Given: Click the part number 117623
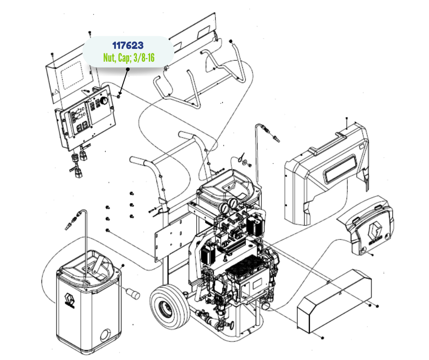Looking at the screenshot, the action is pos(128,46).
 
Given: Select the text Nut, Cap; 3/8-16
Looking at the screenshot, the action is pos(129,58).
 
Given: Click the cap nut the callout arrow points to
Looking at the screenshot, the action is pos(119,96).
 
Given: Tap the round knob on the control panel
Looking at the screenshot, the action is pos(104,101).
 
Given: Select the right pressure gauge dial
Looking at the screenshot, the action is pos(233,203).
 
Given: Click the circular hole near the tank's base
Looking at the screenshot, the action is pos(105,335).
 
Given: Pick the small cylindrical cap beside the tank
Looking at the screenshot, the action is pos(133,293).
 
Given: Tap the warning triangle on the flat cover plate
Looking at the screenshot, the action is pos(56,92).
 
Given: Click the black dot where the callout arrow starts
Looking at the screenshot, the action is pos(127,69).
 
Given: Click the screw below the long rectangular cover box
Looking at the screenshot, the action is pos(322,338).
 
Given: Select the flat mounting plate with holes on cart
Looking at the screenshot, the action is pos(169,240).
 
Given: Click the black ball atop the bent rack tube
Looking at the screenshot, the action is pos(230,42).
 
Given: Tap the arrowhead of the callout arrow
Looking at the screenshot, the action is pos(120,93).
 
